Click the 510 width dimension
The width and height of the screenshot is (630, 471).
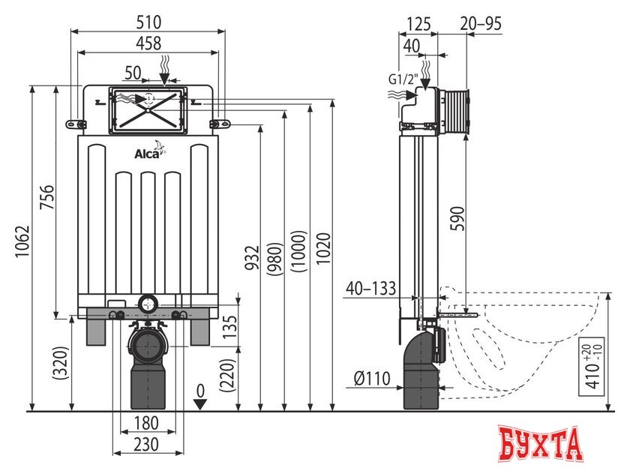tap(148, 22)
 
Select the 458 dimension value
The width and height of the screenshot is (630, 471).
tap(148, 43)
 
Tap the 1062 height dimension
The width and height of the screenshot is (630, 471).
tap(22, 241)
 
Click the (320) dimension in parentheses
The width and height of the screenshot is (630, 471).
tap(61, 363)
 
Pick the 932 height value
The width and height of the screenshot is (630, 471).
tap(253, 257)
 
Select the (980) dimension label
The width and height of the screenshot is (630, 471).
tap(276, 259)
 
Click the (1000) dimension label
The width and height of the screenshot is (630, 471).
tap(299, 251)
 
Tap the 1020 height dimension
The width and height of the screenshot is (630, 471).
tap(323, 248)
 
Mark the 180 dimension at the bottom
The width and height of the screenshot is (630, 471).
tap(145, 423)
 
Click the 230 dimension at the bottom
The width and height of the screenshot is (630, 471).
tap(145, 445)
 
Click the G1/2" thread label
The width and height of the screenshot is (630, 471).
tap(403, 79)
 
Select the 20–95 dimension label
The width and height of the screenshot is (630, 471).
tap(481, 24)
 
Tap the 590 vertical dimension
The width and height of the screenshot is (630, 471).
tap(457, 218)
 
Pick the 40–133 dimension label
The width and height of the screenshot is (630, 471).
tap(370, 288)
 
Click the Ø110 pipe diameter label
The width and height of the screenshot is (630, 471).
tap(372, 378)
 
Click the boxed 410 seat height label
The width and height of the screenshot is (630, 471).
tap(592, 367)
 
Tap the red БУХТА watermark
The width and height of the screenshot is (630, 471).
tap(541, 444)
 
